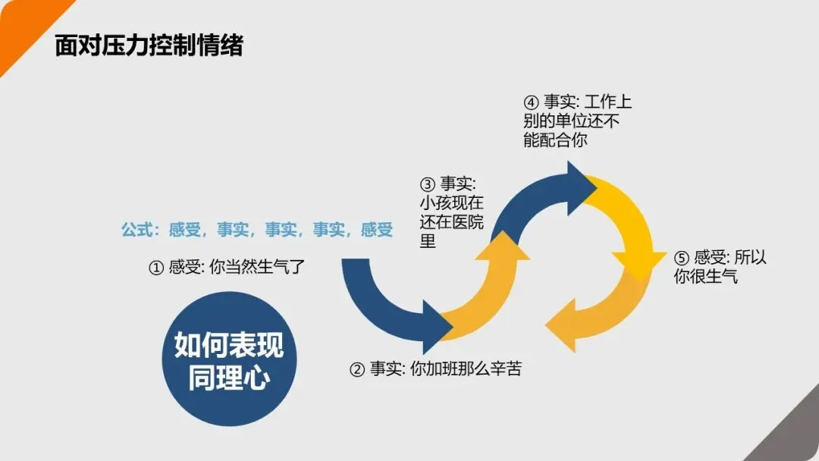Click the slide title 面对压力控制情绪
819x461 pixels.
point(149,45)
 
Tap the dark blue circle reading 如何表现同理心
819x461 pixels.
point(229,359)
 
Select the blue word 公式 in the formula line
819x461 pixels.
point(137,230)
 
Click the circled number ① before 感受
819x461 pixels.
point(155,267)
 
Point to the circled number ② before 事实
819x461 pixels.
point(357,370)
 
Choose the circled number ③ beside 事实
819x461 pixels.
point(428,184)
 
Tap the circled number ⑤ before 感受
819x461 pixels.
point(681,258)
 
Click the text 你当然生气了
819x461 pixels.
point(255,267)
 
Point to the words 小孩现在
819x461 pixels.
point(452,203)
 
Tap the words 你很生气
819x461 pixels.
point(705,277)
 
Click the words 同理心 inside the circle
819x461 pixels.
point(229,377)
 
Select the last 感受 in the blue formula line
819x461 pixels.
point(377,230)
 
